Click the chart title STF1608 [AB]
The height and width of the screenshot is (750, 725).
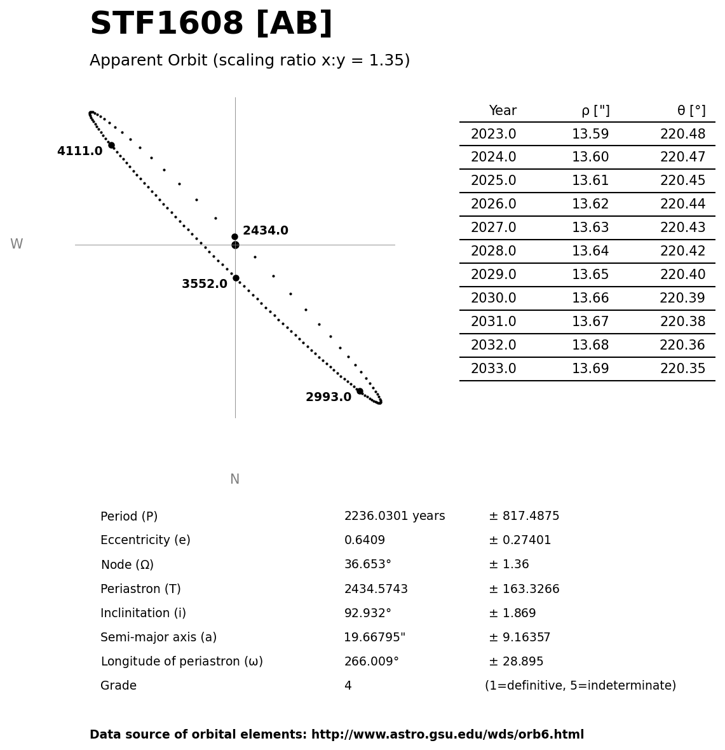point(211,24)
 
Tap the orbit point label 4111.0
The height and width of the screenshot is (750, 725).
point(79,151)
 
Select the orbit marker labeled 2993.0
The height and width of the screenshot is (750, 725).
point(360,391)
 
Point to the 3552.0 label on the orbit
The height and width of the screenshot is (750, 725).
point(204,284)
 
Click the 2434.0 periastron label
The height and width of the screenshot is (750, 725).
point(265,231)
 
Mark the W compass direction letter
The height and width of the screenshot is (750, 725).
point(17,245)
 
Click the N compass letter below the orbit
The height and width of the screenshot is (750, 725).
point(234,480)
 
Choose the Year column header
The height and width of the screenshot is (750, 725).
point(502,111)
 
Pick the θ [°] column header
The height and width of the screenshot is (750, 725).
point(691,111)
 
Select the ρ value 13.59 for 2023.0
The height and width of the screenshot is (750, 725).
point(590,135)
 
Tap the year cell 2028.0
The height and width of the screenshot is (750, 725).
point(493,252)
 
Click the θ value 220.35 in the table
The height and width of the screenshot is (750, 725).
point(682,369)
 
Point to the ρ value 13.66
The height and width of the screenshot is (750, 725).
point(590,299)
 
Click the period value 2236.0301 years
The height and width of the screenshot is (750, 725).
point(394,516)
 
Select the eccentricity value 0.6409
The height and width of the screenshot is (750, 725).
point(364,540)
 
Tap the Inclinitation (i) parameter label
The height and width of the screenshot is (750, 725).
point(143,613)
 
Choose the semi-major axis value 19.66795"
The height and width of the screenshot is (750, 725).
point(374,637)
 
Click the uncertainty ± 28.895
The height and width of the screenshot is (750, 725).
point(515,662)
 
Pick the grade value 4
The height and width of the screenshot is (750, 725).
point(348,686)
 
